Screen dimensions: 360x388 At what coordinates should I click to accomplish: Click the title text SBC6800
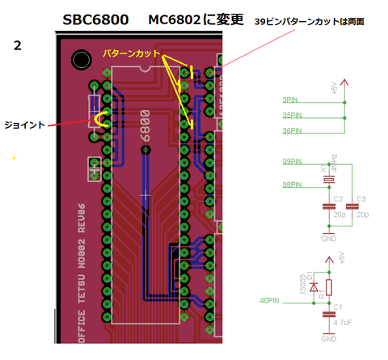coord(97,19)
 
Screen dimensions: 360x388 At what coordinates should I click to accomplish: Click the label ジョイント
coord(26,125)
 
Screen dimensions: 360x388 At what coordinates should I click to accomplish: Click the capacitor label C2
coord(338,198)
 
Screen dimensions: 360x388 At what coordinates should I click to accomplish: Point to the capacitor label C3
coord(361,198)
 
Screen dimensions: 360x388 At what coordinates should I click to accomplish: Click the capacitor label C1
coord(339,307)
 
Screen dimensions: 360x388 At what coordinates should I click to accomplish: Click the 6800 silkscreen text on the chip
coord(146,132)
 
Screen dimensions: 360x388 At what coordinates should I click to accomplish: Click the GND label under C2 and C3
coord(328,239)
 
